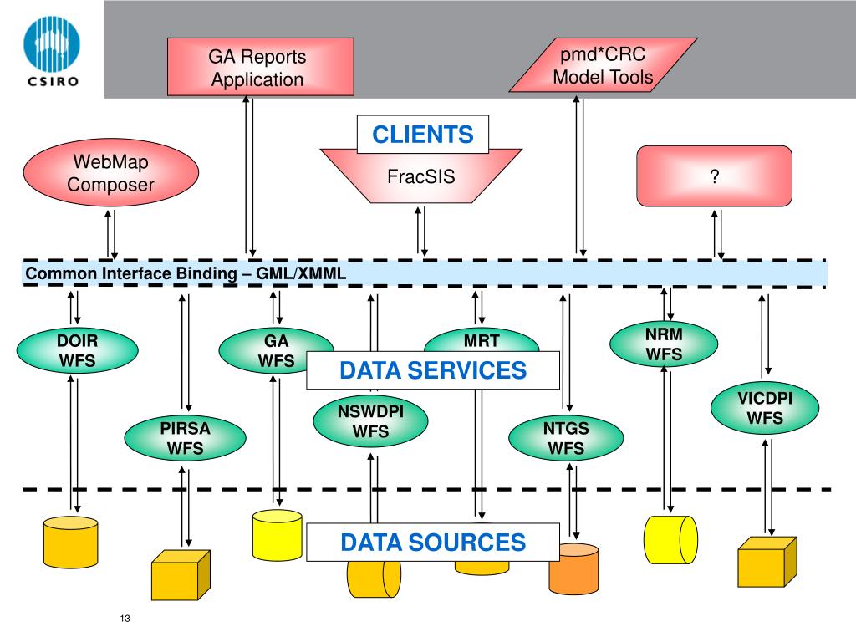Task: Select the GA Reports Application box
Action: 261,67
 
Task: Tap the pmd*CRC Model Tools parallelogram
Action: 604,65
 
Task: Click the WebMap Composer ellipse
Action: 111,172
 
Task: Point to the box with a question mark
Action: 714,176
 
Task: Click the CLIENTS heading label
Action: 422,135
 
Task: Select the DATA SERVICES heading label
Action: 433,370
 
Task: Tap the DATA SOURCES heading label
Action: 433,542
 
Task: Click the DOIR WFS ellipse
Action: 78,350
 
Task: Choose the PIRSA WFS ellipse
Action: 185,438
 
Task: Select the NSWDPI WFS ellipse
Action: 370,421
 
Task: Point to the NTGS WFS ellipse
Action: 566,438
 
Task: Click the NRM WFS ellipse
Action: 664,344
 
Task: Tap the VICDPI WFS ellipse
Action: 765,408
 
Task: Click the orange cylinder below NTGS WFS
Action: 573,568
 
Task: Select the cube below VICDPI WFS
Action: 767,562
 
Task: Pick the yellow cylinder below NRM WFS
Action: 671,540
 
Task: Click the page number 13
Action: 125,618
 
